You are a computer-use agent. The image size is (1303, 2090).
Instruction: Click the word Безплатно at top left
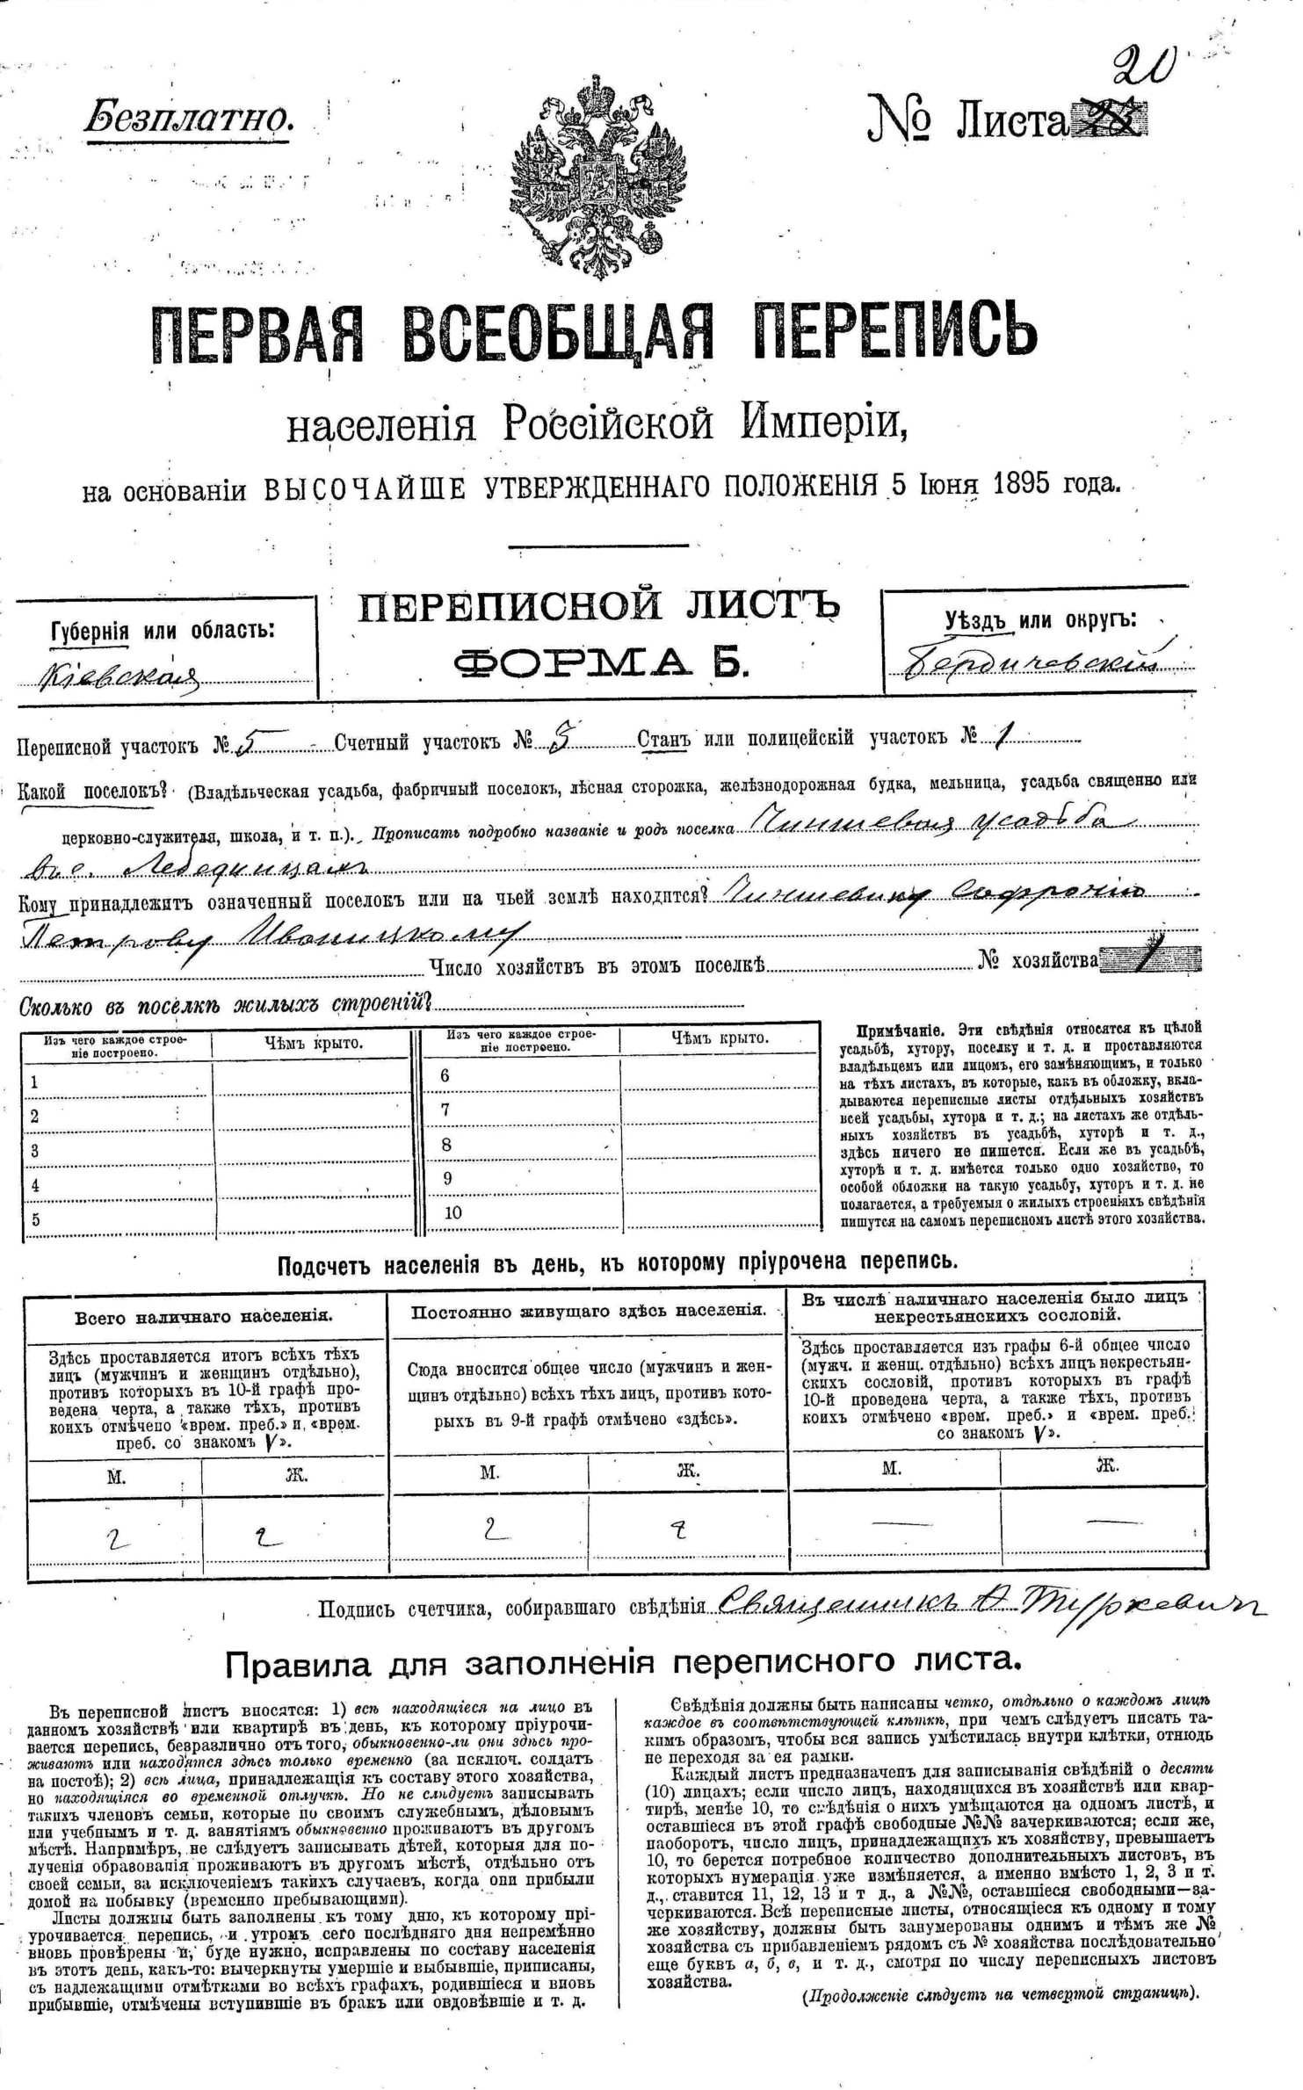click(x=188, y=117)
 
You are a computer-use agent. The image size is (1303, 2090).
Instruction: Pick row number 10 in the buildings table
click(x=452, y=1213)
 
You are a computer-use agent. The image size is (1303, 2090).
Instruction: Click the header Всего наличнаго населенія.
click(x=204, y=1316)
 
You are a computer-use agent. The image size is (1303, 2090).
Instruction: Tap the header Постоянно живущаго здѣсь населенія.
click(x=589, y=1310)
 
